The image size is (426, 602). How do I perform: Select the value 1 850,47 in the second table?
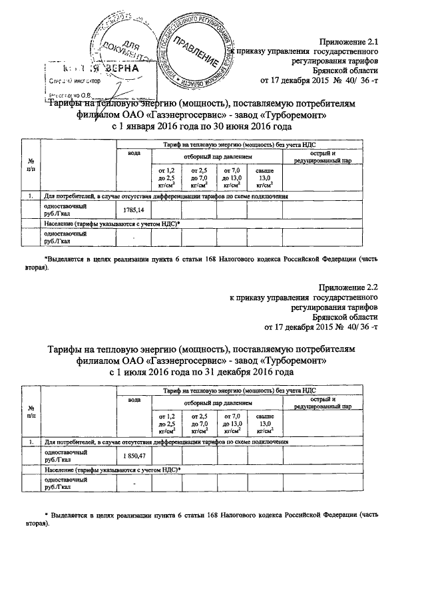pyautogui.click(x=134, y=454)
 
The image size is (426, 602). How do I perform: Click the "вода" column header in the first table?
pyautogui.click(x=134, y=154)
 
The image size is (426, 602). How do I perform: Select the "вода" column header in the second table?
pyautogui.click(x=134, y=398)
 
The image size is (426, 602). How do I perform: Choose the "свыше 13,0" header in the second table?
pyautogui.click(x=264, y=424)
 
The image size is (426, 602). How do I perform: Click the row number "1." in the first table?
pyautogui.click(x=31, y=197)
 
